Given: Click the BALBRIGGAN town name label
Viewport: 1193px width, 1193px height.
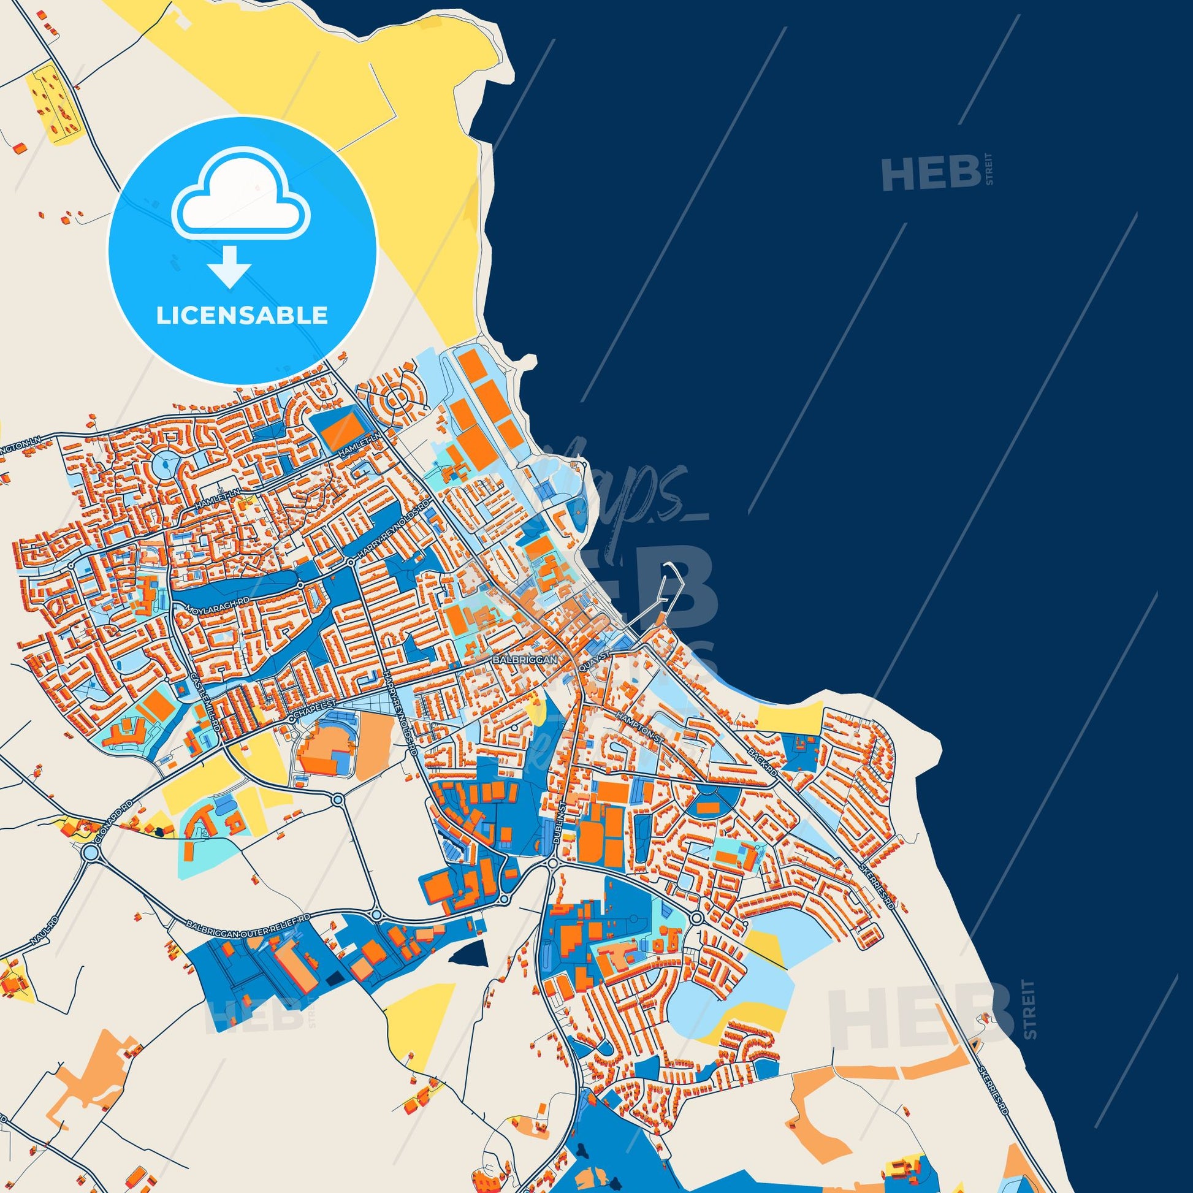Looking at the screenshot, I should pos(525,660).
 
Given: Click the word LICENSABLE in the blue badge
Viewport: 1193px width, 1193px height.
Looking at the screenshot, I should pos(242,316).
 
